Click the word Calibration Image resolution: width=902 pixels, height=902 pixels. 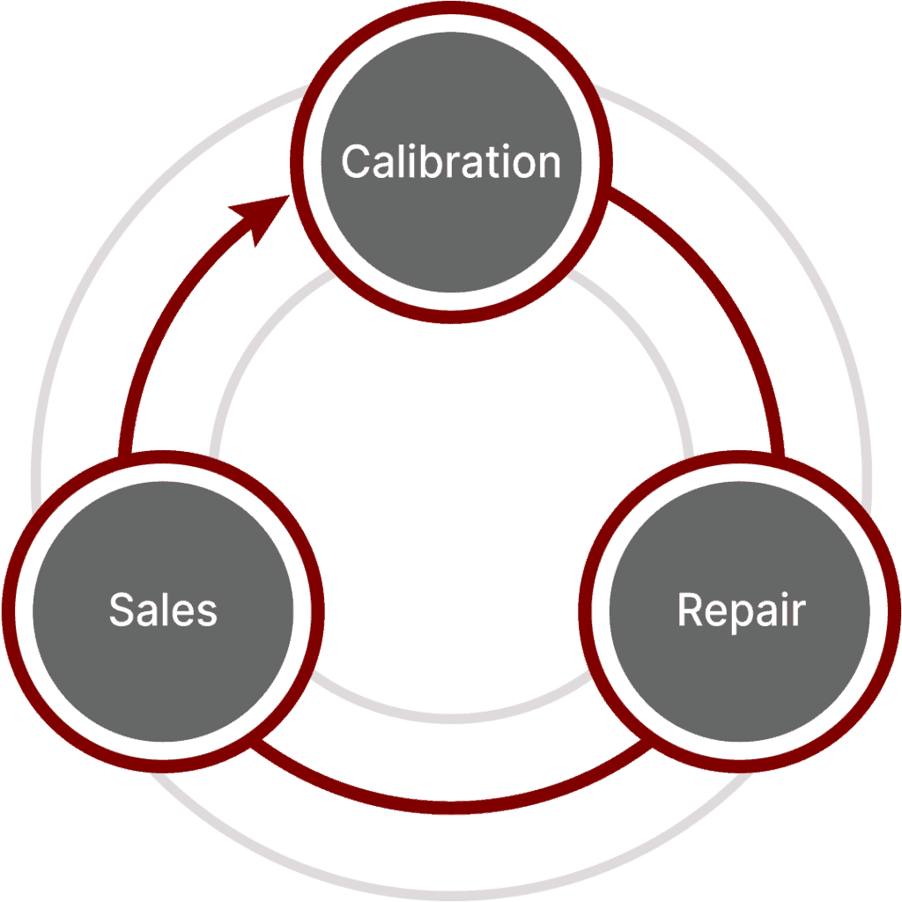[x=450, y=162]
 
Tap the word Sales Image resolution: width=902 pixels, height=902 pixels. [x=163, y=610]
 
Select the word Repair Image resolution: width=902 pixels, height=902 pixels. [x=740, y=610]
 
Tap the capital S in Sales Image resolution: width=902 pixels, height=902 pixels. [x=122, y=610]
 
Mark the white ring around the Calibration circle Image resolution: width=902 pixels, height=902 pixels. [x=451, y=297]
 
